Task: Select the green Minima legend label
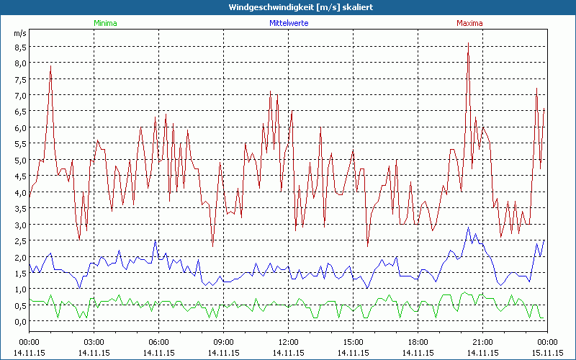(x=104, y=23)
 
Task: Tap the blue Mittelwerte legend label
(x=288, y=23)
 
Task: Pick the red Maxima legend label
(x=470, y=23)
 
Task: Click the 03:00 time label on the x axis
(x=94, y=341)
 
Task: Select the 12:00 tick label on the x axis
(x=288, y=341)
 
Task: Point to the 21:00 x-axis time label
(x=482, y=341)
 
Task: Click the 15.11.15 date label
(x=547, y=353)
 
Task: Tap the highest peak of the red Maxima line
(x=468, y=43)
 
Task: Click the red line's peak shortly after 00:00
(x=50, y=66)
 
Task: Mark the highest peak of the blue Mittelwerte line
(x=468, y=228)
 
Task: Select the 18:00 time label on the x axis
(x=418, y=341)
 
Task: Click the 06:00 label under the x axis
(x=158, y=341)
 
